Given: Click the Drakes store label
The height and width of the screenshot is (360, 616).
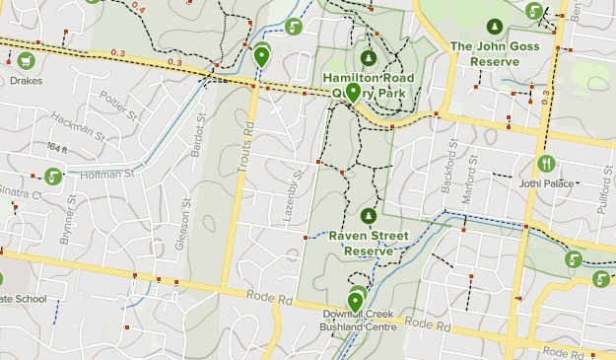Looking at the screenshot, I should [x=26, y=81].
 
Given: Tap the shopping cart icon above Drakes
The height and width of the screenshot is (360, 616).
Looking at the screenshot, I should [x=26, y=61].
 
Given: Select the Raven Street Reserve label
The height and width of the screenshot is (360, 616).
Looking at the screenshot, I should [x=368, y=244].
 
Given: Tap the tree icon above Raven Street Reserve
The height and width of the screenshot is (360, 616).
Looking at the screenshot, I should [x=369, y=215].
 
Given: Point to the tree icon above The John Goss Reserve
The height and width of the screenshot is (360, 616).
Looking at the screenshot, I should [x=494, y=27].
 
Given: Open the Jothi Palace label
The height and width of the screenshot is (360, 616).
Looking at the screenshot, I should [x=545, y=181].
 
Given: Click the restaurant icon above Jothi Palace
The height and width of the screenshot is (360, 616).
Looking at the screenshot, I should [x=545, y=163].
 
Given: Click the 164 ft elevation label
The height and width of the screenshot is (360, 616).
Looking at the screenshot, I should [x=57, y=147].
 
